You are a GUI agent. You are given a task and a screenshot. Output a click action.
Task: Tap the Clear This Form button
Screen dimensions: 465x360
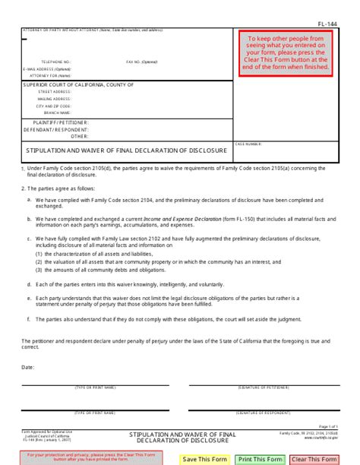click(x=313, y=458)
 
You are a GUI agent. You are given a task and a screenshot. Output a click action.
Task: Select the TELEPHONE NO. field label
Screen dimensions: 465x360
click(x=56, y=61)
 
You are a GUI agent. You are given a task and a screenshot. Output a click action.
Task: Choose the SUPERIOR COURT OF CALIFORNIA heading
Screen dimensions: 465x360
click(x=78, y=84)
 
